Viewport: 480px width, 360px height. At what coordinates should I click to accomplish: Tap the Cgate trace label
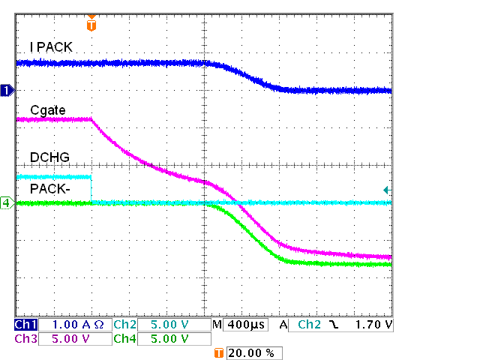pyautogui.click(x=48, y=110)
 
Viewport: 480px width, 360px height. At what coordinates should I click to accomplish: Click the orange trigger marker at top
pyautogui.click(x=91, y=25)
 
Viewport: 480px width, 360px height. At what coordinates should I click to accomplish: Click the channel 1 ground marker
pyautogui.click(x=7, y=91)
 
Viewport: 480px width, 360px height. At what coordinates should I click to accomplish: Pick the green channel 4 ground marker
pyautogui.click(x=7, y=202)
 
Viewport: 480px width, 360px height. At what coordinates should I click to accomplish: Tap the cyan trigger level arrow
pyautogui.click(x=386, y=190)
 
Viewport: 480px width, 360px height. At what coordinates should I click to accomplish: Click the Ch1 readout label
pyautogui.click(x=25, y=325)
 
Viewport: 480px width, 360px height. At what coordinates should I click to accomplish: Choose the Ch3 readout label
pyautogui.click(x=25, y=338)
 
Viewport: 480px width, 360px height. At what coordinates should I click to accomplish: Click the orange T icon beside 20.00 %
pyautogui.click(x=219, y=352)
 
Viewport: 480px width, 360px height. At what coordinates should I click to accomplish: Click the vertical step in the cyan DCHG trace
pyautogui.click(x=91, y=189)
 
